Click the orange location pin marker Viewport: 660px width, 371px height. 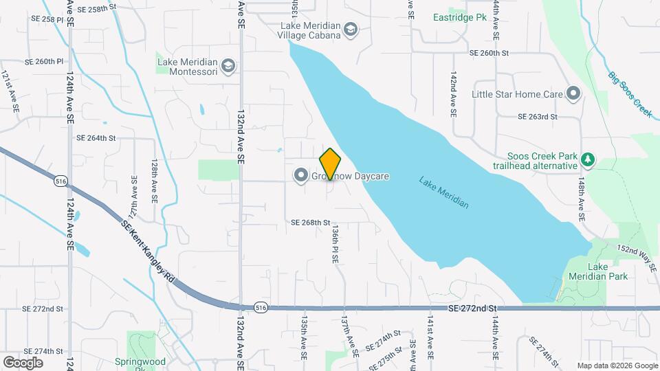point(330,164)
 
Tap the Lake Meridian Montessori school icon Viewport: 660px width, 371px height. point(228,67)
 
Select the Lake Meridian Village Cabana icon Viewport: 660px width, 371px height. point(351,30)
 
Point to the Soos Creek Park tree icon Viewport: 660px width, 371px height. point(587,161)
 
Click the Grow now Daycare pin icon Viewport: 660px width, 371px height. point(300,177)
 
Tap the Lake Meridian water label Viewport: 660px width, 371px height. point(444,193)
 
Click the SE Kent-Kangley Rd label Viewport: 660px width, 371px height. point(148,254)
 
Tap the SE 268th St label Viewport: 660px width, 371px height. point(311,223)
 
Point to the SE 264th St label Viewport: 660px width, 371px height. point(96,138)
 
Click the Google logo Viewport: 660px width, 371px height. point(23,362)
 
